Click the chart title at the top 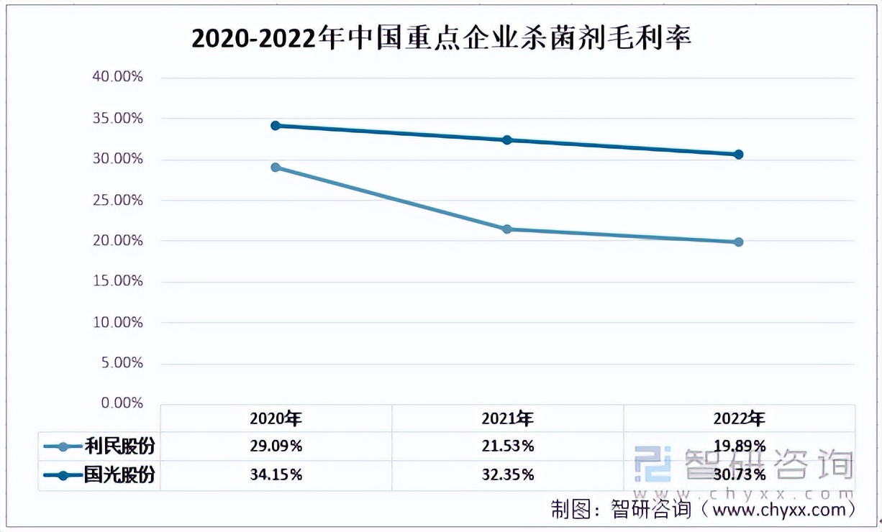441,38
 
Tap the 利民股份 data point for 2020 276,168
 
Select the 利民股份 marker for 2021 507,229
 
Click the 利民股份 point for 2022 739,242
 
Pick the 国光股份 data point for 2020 276,126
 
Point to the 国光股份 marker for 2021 507,140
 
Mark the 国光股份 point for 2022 739,155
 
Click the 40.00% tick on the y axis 119,77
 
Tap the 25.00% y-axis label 119,200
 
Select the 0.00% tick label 122,403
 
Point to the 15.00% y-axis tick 119,281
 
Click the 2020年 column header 276,418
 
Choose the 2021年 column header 507,418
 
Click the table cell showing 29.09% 276,446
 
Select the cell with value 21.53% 507,446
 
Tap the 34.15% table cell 276,475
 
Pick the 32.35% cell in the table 507,475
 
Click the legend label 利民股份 119,446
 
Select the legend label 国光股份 119,475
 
